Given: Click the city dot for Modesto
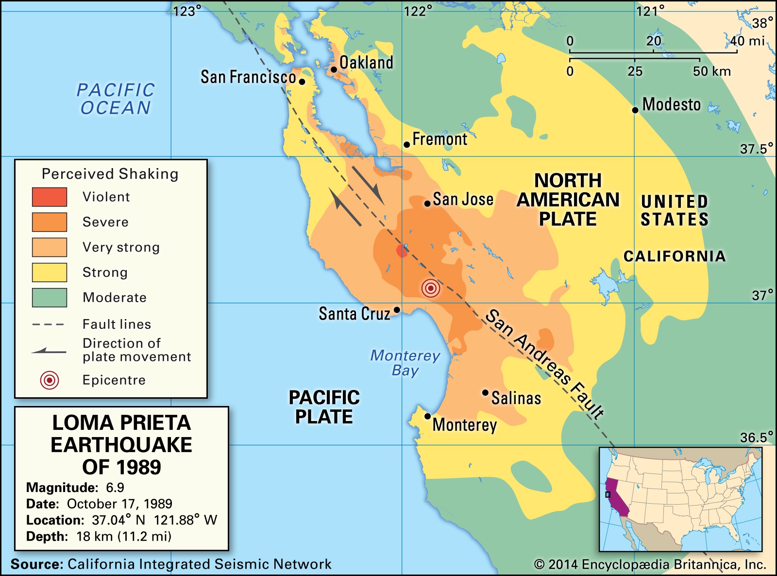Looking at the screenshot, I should pos(635,110).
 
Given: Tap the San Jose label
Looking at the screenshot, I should pos(463,199).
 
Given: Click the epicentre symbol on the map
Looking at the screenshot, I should pos(431,288).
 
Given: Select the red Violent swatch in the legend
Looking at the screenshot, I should pos(50,197).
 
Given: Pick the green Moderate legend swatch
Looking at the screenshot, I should pos(50,298).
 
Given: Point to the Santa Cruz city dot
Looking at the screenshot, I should pos(397,310).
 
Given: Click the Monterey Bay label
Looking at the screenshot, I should pos(405,363).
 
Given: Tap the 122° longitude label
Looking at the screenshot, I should pos(418,11).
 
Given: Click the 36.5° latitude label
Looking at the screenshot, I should pos(756,438).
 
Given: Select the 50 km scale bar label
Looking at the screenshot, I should pos(711,71).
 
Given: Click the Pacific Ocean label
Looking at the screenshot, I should pos(116,99).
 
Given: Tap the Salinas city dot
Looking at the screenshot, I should pos(485,392).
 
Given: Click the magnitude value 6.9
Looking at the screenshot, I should pos(115,488).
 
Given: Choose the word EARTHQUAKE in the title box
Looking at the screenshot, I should pos(121,445).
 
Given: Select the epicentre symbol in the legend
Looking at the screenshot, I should pos(50,380).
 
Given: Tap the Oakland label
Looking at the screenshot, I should pos(366,63).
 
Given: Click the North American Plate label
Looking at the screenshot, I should pos(568,200).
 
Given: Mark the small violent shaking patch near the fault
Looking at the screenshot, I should pos(402,251).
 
